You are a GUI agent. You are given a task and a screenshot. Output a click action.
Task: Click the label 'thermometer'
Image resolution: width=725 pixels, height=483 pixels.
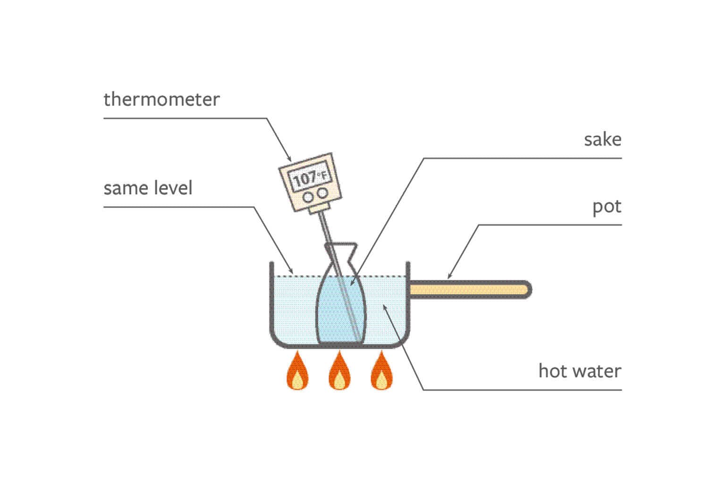[x=161, y=99]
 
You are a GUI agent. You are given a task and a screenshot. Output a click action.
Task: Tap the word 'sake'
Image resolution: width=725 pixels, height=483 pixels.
[x=603, y=140]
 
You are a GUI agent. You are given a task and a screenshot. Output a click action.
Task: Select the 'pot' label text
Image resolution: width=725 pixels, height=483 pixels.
[x=607, y=207]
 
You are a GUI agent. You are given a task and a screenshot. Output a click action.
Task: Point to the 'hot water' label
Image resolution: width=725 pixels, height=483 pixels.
[x=580, y=371]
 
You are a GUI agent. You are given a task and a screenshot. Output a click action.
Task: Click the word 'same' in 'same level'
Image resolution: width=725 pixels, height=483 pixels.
[x=126, y=189]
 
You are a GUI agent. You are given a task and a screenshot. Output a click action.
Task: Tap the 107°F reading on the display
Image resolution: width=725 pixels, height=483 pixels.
[x=311, y=178]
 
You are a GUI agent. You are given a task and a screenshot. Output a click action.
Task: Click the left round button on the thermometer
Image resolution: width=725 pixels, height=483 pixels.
[x=308, y=197]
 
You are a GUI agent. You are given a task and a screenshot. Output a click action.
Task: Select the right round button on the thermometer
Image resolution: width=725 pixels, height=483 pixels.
[x=322, y=193]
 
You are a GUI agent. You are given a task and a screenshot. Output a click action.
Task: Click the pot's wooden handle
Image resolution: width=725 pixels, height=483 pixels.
[x=470, y=290]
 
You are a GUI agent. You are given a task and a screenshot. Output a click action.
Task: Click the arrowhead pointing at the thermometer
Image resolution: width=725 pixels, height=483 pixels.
[x=289, y=158]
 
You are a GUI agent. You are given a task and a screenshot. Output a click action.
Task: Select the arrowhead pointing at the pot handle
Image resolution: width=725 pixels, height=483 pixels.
[x=450, y=275]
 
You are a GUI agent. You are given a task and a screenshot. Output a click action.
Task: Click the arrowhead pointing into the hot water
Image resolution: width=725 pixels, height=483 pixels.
[x=385, y=308]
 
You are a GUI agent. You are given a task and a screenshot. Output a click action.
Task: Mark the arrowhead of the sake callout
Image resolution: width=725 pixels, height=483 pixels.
[x=352, y=283]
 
